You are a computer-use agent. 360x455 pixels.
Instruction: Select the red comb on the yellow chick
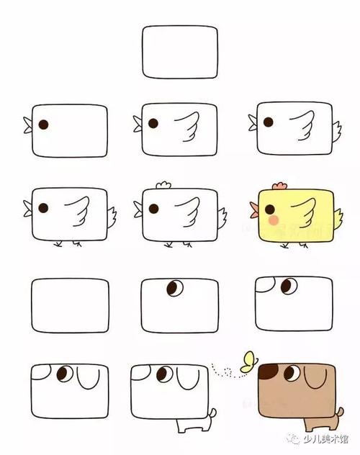pos(268,185)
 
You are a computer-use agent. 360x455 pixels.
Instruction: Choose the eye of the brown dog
pos(291,374)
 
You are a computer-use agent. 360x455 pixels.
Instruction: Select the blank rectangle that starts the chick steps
pos(179,53)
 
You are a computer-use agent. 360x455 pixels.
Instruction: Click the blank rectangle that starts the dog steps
pos(70,306)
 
